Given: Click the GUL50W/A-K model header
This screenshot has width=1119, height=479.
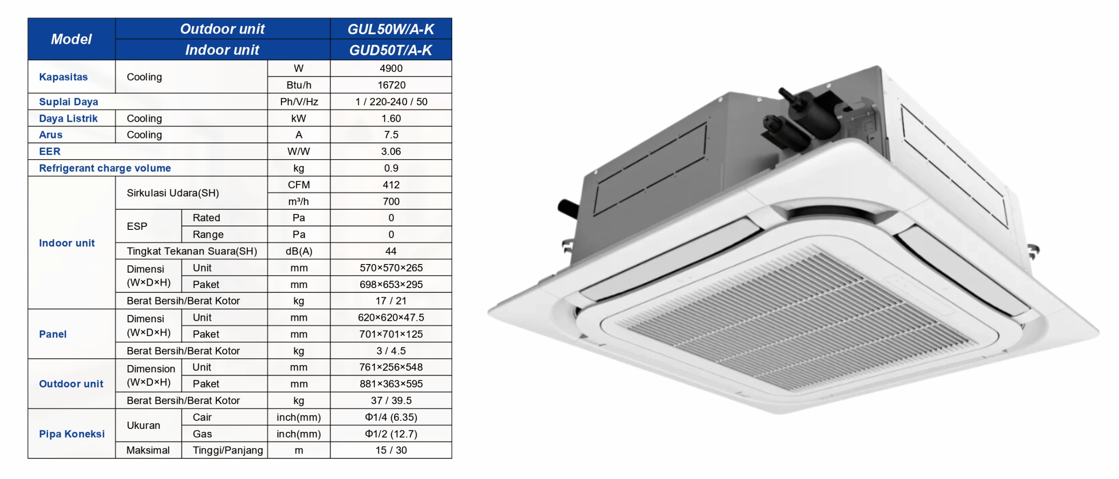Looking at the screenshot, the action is coord(391,29).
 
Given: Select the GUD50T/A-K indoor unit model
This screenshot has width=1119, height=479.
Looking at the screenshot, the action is coord(391,50).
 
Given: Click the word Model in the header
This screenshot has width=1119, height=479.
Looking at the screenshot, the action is coord(71,39).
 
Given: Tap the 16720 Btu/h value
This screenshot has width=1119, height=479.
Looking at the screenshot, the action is coord(391,85).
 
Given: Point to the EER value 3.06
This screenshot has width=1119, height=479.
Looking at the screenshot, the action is coord(391,151).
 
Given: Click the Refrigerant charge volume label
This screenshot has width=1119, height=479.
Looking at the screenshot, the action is coord(105,168).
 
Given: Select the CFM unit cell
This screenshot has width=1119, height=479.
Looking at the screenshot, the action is coord(299,185).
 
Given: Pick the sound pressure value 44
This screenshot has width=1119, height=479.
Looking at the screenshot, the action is coord(391,251).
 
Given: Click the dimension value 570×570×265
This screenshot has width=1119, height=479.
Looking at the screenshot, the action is coord(391,268).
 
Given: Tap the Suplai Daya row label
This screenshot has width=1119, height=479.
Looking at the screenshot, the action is coord(68,102).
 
